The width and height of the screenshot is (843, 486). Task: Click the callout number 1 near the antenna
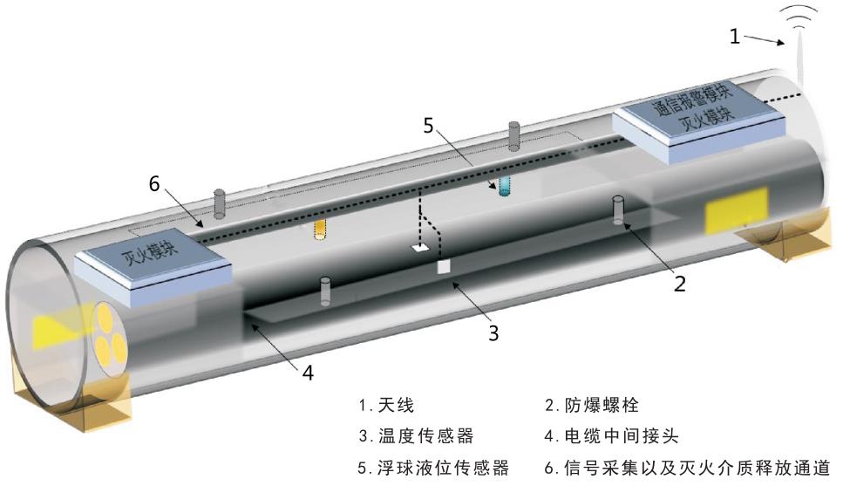[x=735, y=36]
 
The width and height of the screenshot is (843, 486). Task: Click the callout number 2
[x=680, y=282]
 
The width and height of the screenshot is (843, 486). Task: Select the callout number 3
[x=493, y=332]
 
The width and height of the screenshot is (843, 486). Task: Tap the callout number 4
[x=307, y=371]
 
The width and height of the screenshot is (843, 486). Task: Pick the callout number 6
[x=154, y=185]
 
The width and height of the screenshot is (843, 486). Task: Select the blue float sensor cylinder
[x=504, y=186]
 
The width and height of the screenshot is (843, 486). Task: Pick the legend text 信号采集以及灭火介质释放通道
[x=693, y=468]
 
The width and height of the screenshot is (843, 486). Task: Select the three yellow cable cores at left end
[x=108, y=337]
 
